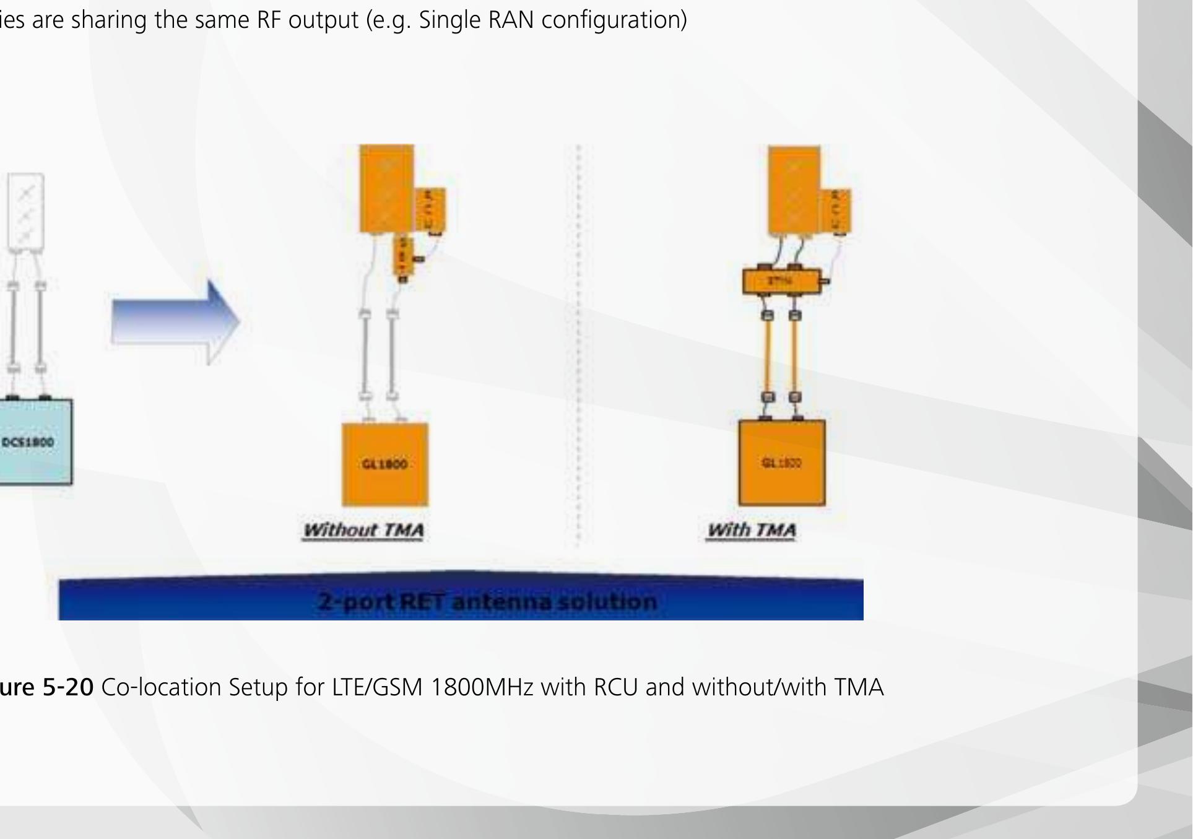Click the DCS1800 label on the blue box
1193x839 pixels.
click(28, 442)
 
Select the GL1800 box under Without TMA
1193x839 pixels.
click(385, 464)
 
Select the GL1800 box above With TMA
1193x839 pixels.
click(782, 463)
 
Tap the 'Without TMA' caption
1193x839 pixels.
click(363, 531)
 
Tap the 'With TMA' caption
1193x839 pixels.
click(752, 530)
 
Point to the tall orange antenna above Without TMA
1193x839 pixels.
click(386, 188)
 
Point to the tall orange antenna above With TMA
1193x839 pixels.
click(794, 190)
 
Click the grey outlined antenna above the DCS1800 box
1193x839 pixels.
click(25, 211)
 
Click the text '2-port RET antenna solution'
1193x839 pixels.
click(487, 601)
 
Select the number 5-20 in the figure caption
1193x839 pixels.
click(67, 687)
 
